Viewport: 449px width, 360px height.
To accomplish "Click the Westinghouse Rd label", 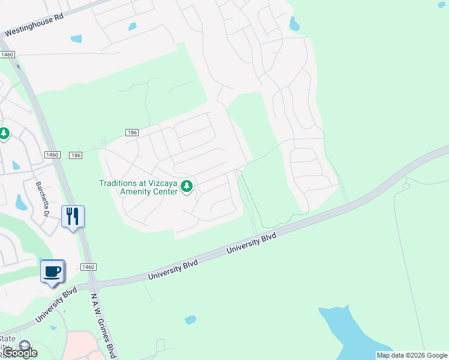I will (34, 26).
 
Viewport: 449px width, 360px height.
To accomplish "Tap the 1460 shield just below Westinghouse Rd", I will (8, 55).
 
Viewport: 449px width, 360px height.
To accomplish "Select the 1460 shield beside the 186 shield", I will (52, 155).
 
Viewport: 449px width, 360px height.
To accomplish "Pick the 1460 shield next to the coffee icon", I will (88, 266).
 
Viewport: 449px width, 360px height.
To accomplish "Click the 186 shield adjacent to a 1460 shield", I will (75, 155).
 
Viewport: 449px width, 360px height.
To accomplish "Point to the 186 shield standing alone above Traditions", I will (133, 132).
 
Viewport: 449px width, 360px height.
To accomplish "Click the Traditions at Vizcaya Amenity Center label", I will (138, 187).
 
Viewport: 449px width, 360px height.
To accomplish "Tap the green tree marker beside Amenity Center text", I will (187, 187).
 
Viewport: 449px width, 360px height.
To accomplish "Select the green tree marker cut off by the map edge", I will (4, 133).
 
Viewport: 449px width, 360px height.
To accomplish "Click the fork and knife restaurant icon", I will (73, 216).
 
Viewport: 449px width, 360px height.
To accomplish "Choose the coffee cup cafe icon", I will (52, 271).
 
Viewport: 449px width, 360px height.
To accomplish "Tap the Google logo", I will (20, 353).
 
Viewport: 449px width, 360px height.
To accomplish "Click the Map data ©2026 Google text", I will (412, 355).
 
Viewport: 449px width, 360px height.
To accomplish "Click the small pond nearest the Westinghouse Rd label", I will (76, 39).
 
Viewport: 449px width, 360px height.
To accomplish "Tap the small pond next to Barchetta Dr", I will (21, 202).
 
